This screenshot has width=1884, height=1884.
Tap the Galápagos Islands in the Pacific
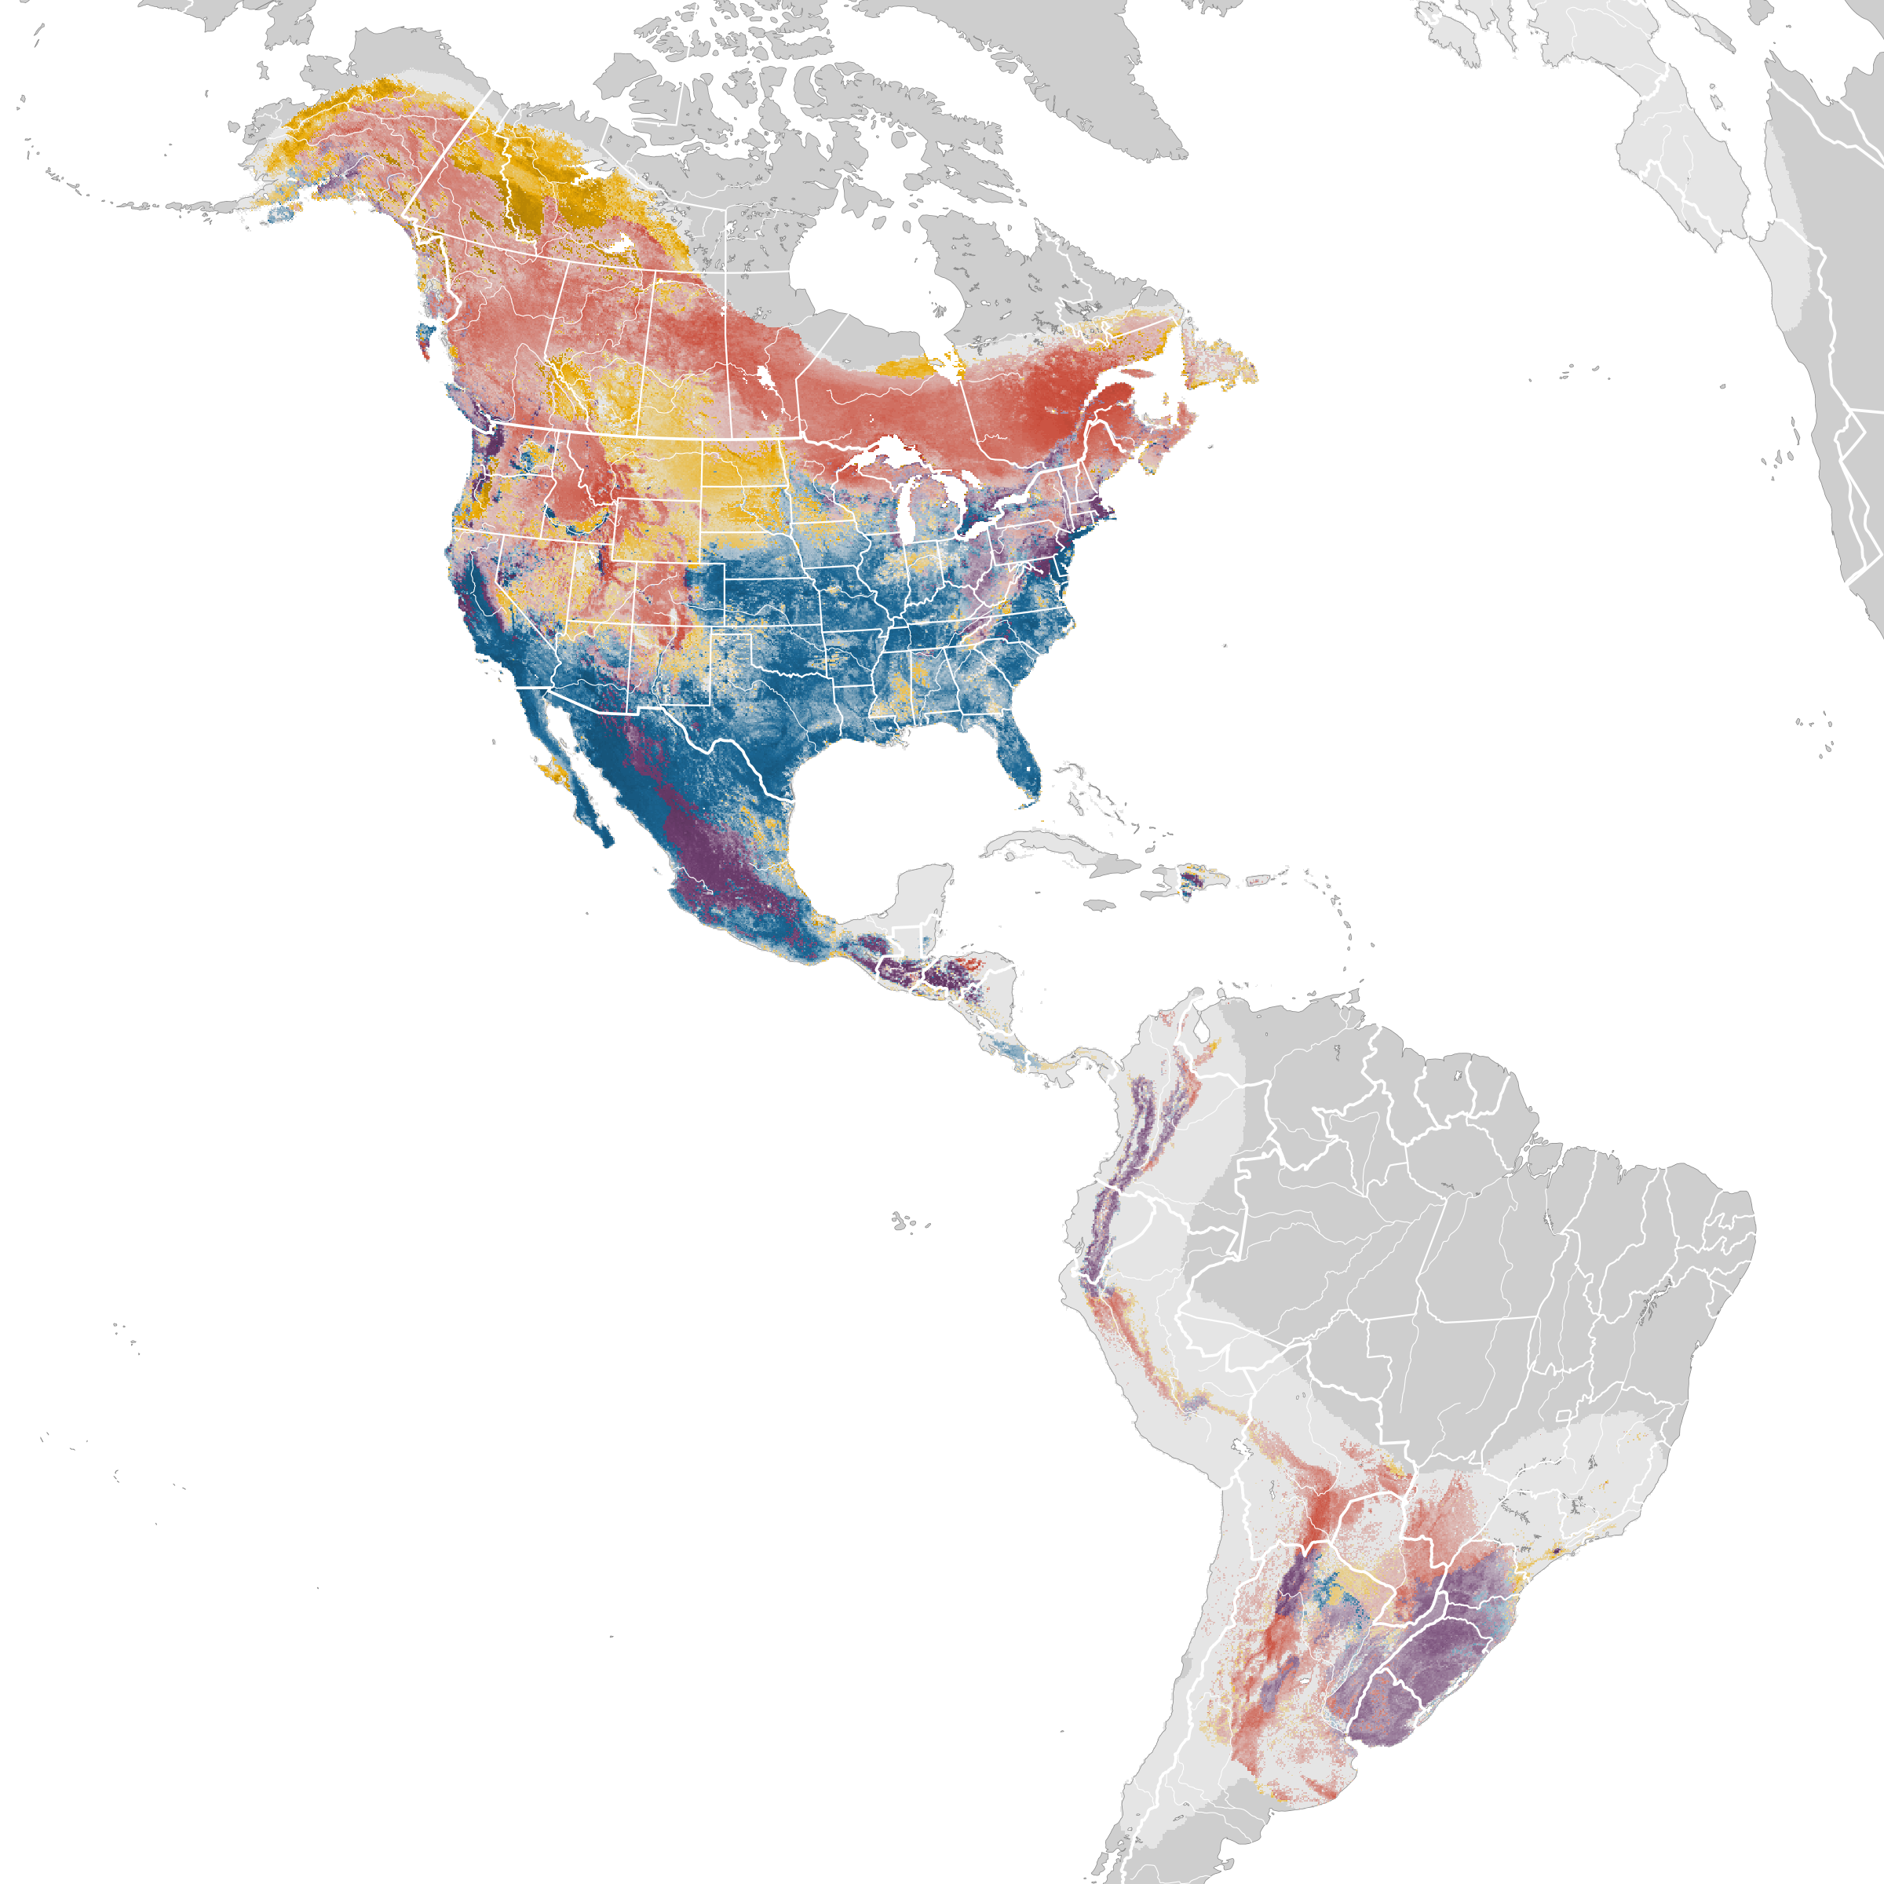(903, 1220)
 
